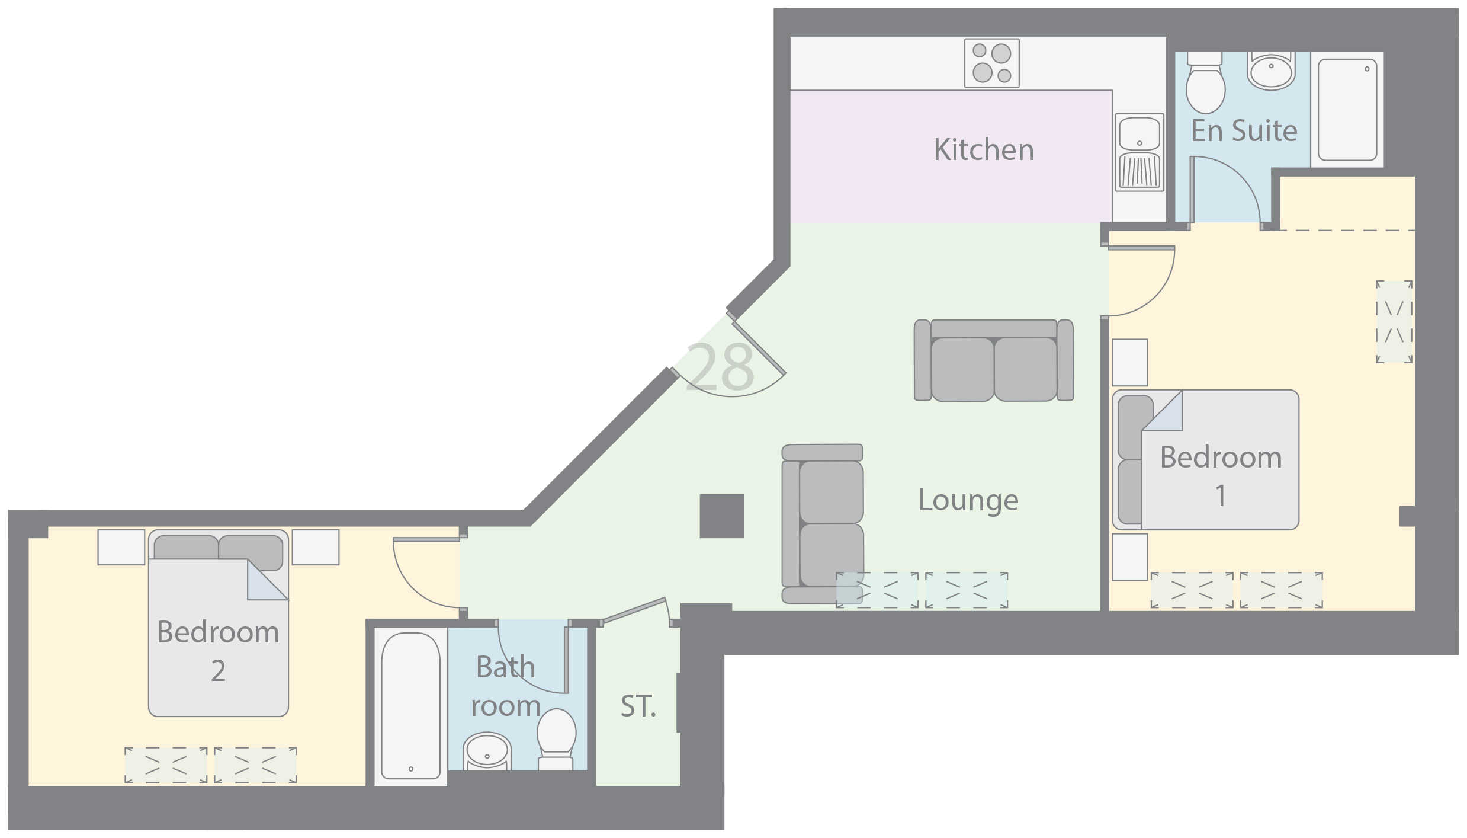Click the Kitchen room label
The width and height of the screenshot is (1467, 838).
tap(984, 149)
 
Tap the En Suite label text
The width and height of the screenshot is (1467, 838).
tap(1244, 130)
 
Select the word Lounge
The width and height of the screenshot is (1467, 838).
tap(968, 501)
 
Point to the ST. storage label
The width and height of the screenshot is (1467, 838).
tap(638, 706)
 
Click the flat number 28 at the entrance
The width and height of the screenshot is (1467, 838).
tap(720, 367)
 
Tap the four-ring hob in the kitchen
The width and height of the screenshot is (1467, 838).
tap(992, 63)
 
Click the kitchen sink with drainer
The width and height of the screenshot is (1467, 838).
tap(1139, 152)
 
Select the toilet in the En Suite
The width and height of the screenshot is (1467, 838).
tap(1205, 83)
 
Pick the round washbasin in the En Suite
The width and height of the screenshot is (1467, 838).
tap(1271, 71)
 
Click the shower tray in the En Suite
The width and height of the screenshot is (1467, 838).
tap(1347, 110)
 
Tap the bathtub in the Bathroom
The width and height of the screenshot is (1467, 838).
tap(411, 706)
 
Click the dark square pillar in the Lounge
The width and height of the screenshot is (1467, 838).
tap(721, 516)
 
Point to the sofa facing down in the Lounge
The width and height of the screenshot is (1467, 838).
tap(994, 360)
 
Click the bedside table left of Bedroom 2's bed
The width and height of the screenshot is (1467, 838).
tap(121, 547)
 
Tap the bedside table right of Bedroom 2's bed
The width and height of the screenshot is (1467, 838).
tap(316, 547)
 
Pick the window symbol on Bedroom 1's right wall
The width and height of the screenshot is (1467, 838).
tap(1394, 322)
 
